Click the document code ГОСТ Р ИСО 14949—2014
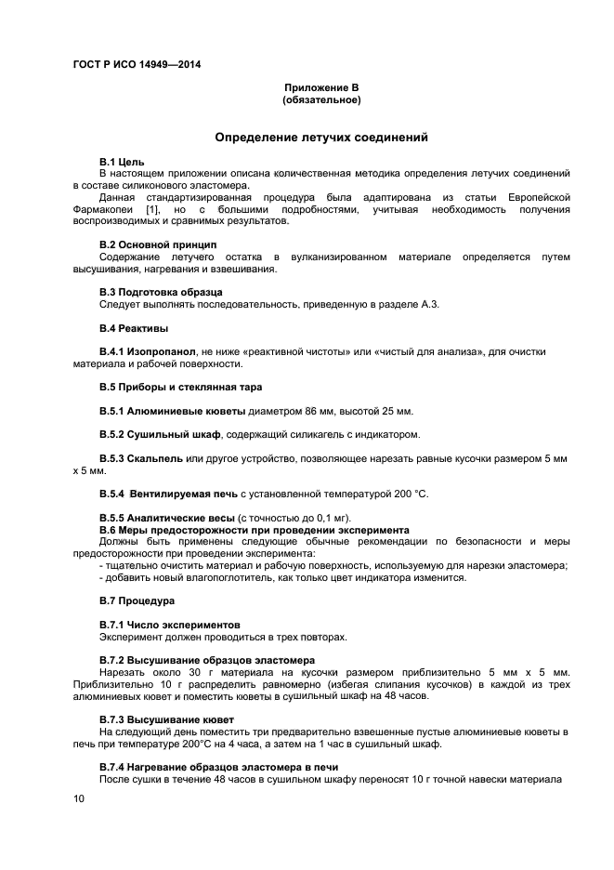(137, 64)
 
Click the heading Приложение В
(320, 87)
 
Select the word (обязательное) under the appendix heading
(320, 99)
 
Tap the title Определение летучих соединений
(320, 137)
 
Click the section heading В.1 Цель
(121, 162)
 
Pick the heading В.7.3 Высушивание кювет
(166, 719)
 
